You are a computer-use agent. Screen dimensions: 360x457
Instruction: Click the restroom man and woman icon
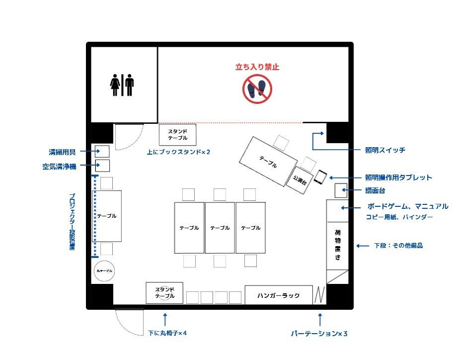click(122, 85)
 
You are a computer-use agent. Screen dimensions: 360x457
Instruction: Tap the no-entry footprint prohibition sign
click(257, 89)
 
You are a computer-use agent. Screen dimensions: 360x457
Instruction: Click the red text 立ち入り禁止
click(257, 67)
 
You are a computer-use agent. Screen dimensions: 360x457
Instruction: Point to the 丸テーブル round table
click(104, 270)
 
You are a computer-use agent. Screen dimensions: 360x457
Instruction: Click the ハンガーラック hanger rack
click(278, 295)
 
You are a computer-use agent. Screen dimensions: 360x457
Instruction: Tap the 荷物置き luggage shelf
click(338, 244)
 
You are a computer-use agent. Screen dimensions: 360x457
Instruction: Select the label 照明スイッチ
click(385, 150)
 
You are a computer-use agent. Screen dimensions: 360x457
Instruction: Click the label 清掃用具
click(62, 152)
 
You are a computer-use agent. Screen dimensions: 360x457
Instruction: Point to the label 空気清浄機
click(59, 167)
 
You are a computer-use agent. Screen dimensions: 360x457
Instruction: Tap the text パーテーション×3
click(319, 333)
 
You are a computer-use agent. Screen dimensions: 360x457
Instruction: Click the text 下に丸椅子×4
click(167, 333)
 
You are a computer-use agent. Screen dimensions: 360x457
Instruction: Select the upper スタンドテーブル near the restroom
click(177, 134)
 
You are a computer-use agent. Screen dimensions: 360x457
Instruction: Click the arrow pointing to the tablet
click(345, 178)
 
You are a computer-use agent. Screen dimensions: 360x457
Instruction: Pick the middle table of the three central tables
click(220, 228)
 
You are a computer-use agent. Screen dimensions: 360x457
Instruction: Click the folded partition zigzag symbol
click(319, 294)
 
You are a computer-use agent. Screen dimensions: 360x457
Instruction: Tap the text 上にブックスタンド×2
click(178, 152)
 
